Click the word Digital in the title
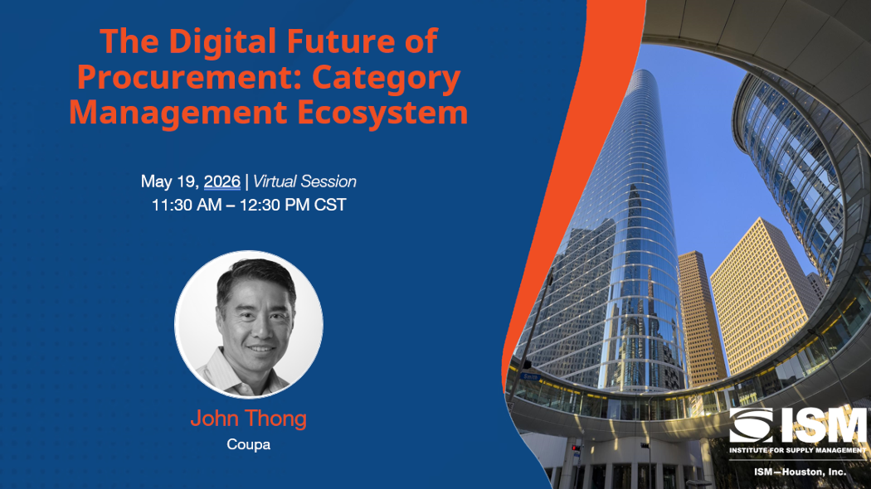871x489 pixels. coord(222,41)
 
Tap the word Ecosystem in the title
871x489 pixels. coord(382,113)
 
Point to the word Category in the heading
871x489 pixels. coord(386,79)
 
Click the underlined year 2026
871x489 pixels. coord(222,182)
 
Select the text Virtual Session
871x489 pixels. coord(304,182)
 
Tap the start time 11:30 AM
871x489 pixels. coord(187,205)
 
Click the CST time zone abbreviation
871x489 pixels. coord(330,205)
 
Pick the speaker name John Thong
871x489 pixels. coord(248,419)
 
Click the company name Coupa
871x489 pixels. coord(248,444)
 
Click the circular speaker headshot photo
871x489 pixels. coord(249,324)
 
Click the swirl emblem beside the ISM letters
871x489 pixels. coord(751,426)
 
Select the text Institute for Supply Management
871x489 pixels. coord(798,450)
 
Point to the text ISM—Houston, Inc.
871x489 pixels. coord(800,472)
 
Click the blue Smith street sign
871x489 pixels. coord(531,377)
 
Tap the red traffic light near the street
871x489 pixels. coord(574,448)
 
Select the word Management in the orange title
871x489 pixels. coord(178,113)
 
